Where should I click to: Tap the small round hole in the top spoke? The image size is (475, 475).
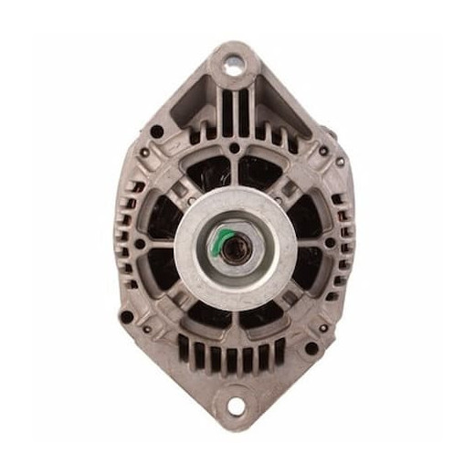coord(234,147)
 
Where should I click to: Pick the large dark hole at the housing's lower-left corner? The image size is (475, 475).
coord(126,317)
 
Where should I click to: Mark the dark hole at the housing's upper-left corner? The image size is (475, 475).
coord(157,130)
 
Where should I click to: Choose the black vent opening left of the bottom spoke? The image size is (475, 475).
coord(206,315)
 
